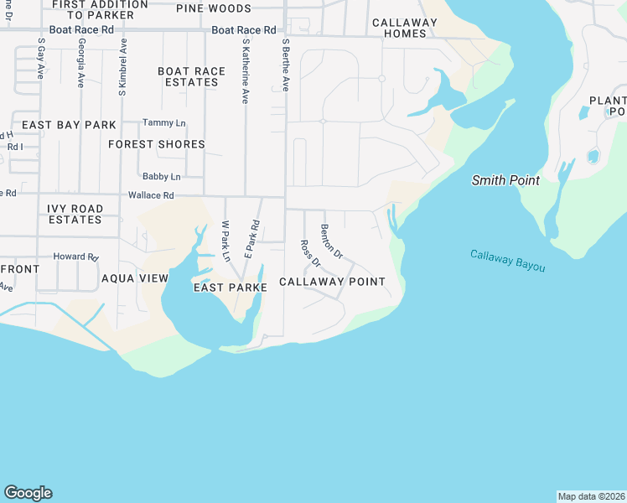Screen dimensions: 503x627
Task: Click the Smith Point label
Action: click(505, 180)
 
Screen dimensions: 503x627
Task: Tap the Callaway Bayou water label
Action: click(507, 260)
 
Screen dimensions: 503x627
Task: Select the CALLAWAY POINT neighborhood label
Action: click(332, 282)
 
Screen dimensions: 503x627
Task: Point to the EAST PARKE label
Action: click(230, 288)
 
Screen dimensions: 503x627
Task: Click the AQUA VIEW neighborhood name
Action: click(135, 277)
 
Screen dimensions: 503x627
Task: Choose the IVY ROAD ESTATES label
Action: click(75, 214)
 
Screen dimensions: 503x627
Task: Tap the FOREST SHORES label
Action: click(157, 144)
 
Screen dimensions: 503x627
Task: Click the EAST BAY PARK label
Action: click(69, 125)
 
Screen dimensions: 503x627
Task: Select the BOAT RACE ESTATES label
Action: click(191, 76)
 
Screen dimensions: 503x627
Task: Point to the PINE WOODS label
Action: click(214, 8)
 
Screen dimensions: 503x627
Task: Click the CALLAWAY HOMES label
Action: click(405, 28)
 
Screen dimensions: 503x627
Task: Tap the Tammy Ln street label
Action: click(163, 122)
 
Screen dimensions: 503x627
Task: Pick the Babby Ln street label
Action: click(161, 177)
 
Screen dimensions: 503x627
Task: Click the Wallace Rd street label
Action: click(151, 195)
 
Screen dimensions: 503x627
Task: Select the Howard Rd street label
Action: click(75, 257)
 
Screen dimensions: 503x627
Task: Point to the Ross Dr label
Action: click(310, 253)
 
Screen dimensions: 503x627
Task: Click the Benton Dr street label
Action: click(332, 241)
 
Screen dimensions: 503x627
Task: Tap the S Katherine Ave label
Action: click(245, 70)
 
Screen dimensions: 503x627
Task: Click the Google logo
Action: click(28, 493)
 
